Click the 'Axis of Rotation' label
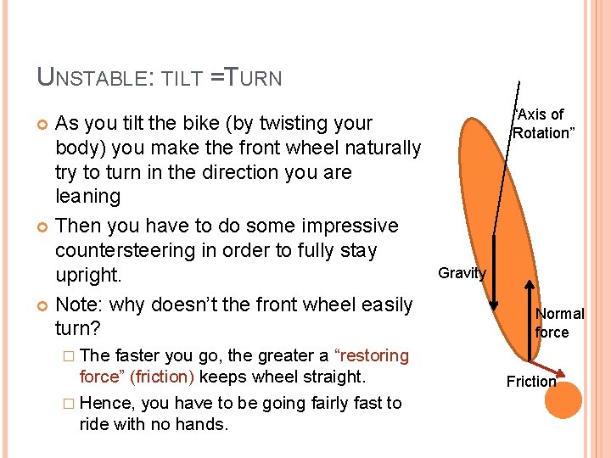click(540, 124)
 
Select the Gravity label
click(462, 273)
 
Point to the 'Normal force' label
click(559, 323)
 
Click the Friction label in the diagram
click(531, 382)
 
